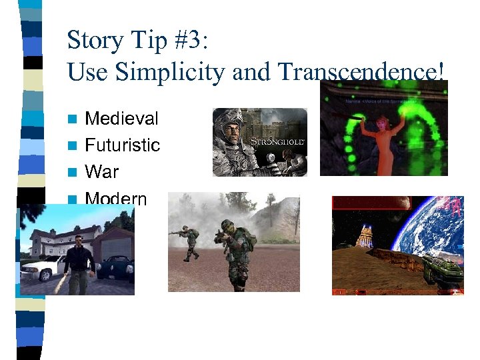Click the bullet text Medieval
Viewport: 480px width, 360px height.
121,119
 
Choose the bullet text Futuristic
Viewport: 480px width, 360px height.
123,145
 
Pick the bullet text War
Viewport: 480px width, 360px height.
102,172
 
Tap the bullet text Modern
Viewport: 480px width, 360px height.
116,198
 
